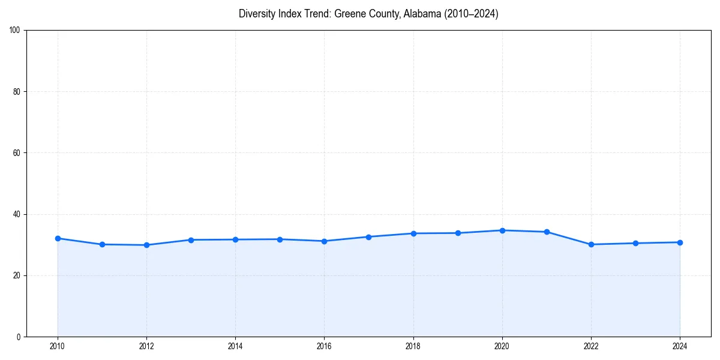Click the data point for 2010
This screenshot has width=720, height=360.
coord(58,238)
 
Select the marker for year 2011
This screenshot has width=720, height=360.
coord(102,244)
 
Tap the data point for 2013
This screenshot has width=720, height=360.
coord(191,240)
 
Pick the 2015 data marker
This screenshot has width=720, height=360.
coord(280,239)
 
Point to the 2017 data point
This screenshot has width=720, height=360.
coord(368,237)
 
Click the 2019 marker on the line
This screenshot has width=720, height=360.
coord(458,233)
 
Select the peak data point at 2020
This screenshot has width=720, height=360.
coord(502,230)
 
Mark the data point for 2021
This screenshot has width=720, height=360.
coord(547,232)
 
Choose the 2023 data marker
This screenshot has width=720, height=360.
coord(635,243)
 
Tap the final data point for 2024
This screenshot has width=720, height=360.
coord(680,242)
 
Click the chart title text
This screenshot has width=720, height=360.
coord(368,14)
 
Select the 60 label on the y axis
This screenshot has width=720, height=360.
coord(17,153)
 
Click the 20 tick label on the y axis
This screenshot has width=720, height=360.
coord(17,275)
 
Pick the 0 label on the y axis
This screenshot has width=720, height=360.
coord(19,337)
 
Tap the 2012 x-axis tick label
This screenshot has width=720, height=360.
coord(146,346)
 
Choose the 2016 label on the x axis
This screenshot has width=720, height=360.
coord(324,346)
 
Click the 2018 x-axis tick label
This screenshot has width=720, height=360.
coord(413,346)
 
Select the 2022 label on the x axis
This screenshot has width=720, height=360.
coord(591,346)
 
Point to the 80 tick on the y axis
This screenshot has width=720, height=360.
coord(17,92)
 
